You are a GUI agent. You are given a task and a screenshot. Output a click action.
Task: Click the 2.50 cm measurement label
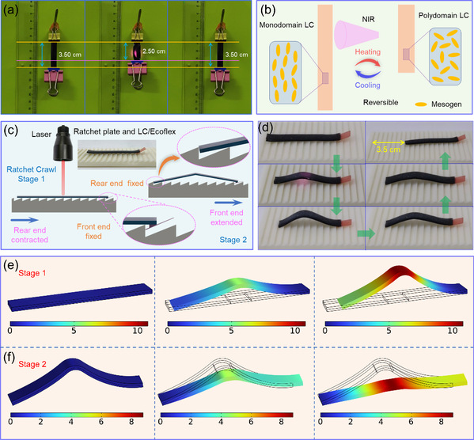pyautogui.click(x=154, y=51)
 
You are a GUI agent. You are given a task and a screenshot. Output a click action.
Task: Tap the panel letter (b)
pyautogui.click(x=267, y=9)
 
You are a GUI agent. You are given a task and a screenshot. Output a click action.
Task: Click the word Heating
pyautogui.click(x=368, y=52)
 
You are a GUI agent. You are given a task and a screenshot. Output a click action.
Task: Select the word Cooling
pyautogui.click(x=368, y=85)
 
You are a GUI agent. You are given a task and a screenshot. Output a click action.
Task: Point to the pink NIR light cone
pyautogui.click(x=356, y=35)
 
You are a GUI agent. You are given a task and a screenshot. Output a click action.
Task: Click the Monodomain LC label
pyautogui.click(x=286, y=25)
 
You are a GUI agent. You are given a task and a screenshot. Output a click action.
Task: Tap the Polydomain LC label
pyautogui.click(x=443, y=15)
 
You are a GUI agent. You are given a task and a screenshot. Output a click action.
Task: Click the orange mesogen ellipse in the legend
pyautogui.click(x=421, y=104)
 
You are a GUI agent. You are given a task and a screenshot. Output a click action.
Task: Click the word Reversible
pyautogui.click(x=381, y=103)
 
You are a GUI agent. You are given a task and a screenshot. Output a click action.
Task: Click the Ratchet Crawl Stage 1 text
pyautogui.click(x=32, y=174)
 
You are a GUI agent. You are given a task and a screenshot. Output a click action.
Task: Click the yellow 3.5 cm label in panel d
pyautogui.click(x=389, y=150)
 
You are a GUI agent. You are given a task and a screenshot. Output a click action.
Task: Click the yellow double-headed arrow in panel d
pyautogui.click(x=389, y=142)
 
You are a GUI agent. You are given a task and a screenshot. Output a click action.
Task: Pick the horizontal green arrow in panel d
pyautogui.click(x=366, y=233)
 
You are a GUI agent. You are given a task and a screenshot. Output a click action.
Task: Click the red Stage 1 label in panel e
pyautogui.click(x=32, y=273)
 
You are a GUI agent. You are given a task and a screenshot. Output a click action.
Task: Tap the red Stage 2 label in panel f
pyautogui.click(x=32, y=364)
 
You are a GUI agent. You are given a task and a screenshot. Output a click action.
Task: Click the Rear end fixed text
pyautogui.click(x=116, y=184)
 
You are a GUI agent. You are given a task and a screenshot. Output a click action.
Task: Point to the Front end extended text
pyautogui.click(x=226, y=218)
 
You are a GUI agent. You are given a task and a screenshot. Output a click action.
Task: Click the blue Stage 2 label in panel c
pyautogui.click(x=233, y=240)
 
